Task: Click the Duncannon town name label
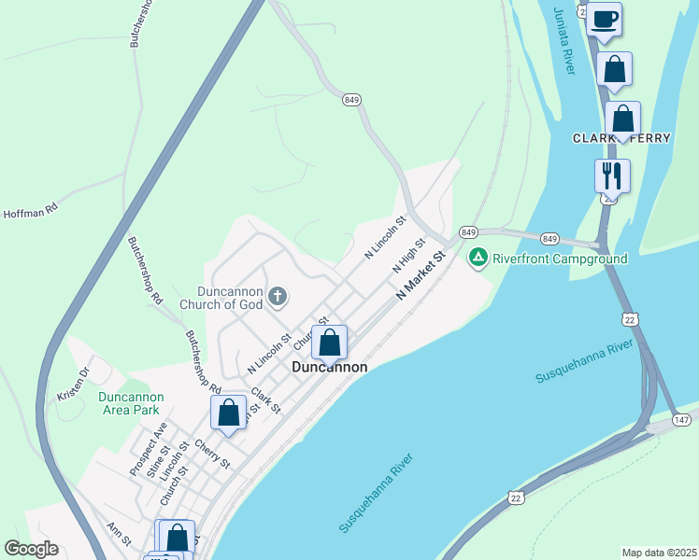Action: [329, 368]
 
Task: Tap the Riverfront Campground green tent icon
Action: [478, 257]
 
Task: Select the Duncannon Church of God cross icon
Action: [277, 297]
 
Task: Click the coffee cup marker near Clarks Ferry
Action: [605, 19]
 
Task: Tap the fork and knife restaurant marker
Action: [612, 175]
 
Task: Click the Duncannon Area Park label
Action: [131, 403]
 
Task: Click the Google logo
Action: [31, 549]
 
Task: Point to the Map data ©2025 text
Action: [658, 553]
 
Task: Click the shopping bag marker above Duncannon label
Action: [330, 343]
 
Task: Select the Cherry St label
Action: [213, 453]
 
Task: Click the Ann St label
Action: [120, 534]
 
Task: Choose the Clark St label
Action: [265, 399]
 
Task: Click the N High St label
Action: [409, 254]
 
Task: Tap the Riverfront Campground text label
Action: [560, 258]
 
